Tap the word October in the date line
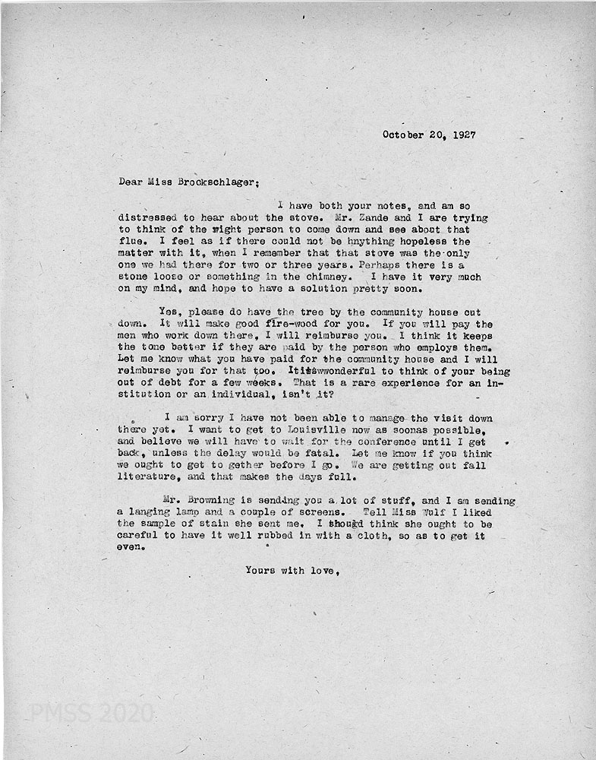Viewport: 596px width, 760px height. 405,135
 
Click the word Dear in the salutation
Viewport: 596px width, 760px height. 131,182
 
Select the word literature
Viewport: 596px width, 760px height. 149,477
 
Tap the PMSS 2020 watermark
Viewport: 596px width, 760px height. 92,713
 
